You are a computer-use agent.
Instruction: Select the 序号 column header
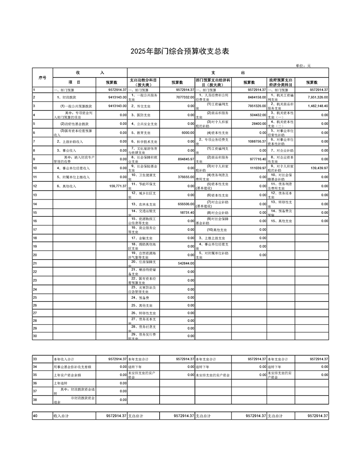43,78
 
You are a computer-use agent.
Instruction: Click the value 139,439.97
318,168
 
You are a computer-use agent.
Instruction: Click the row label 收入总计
62,416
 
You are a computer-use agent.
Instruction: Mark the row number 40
35,416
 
